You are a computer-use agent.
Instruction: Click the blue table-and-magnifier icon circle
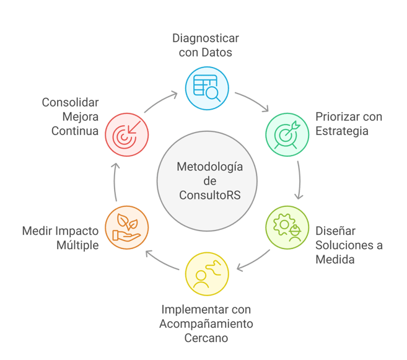pos(207,88)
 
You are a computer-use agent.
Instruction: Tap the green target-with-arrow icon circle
pos(287,134)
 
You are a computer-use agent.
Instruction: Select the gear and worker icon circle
pos(287,227)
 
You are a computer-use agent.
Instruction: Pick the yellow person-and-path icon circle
pos(207,274)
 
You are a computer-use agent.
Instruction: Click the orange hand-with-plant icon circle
pos(126,227)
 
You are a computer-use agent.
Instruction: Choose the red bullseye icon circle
pos(126,134)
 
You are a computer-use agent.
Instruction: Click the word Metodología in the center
pos(210,167)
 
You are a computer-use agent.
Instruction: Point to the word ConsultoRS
pos(210,195)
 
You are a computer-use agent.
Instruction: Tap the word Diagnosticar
pos(206,38)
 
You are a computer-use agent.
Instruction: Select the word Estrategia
pos(342,131)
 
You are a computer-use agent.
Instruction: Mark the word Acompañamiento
pos(206,324)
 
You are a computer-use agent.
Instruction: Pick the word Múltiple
pos(77,245)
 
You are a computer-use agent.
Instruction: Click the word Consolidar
pos(71,102)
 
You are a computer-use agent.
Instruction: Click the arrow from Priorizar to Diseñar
pos(299,180)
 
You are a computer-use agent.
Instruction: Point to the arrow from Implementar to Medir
pos(161,261)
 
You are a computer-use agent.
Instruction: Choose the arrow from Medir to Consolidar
pos(115,182)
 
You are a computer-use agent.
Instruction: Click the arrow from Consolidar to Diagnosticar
pos(159,101)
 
